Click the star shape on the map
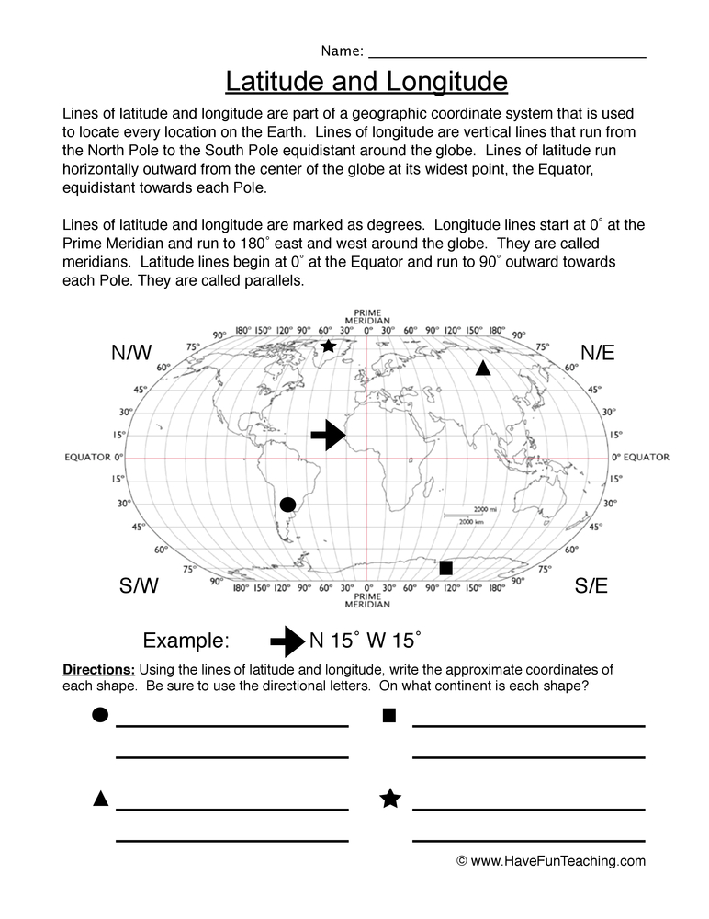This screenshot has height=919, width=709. point(328,346)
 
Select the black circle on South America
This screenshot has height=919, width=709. point(287,504)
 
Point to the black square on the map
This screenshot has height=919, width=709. point(446,568)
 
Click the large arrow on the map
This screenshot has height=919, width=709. point(328,436)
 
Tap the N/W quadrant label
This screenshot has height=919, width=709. point(131,352)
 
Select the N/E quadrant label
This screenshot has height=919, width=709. point(597,352)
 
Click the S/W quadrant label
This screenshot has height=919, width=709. point(140,585)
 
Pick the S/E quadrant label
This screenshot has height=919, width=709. point(591,585)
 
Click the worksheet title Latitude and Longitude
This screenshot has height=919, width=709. point(366,83)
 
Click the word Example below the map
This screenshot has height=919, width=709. point(186,641)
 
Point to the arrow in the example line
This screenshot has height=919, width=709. point(287,640)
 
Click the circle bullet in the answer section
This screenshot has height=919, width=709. point(100,715)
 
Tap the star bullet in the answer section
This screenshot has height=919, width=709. point(389,799)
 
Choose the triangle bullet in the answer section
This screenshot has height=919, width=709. point(101,799)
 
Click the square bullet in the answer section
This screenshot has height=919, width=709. point(389,715)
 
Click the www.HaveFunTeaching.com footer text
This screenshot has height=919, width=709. point(550,861)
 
